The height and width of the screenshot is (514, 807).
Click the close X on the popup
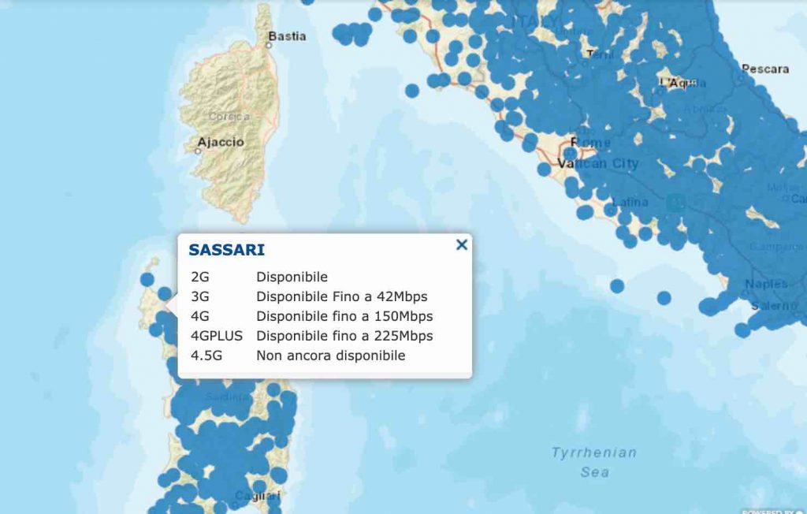pos(462,245)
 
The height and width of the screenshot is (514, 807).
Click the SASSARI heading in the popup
pos(226,250)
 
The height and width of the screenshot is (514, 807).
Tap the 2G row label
pos(200,277)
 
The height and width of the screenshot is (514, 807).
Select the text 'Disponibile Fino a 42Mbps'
pos(341,296)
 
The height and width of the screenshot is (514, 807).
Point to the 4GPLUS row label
pos(217,336)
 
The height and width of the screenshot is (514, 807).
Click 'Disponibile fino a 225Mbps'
pos(344,336)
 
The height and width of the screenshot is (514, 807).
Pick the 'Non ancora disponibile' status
pos(330,356)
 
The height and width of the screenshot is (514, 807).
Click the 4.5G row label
pos(206,356)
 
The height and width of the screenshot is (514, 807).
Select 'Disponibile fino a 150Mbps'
pos(344,316)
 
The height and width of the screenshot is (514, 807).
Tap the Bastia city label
pos(287,36)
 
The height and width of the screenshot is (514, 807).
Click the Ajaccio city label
pos(221,143)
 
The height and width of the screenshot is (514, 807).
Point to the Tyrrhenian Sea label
pos(593,462)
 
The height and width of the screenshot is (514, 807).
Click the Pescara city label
pos(764,69)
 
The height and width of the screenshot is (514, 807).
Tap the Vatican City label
pos(597,164)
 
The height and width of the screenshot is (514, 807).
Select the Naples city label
pos(766,284)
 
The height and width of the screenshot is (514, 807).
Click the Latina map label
pos(630,203)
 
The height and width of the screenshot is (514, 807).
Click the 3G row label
pos(200,296)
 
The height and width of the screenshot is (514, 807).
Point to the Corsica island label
pos(229,117)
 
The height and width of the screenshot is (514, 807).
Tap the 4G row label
pos(200,316)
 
